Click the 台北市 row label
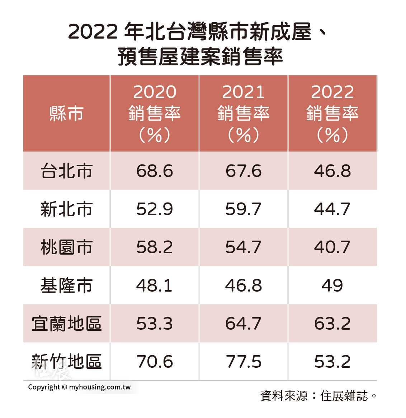click(x=66, y=171)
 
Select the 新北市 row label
click(x=66, y=209)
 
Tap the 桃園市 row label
click(x=66, y=247)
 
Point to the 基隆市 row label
click(x=66, y=285)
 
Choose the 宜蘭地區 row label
click(x=66, y=324)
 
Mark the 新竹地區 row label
click(x=66, y=362)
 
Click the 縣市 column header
click(x=66, y=113)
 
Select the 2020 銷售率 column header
click(x=155, y=113)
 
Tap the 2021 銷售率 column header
click(x=244, y=113)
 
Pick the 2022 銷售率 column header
click(x=332, y=113)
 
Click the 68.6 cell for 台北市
click(x=155, y=171)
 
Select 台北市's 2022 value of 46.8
click(x=332, y=171)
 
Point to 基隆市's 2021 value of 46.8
click(x=244, y=285)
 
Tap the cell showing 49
click(x=332, y=285)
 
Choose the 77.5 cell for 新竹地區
click(x=244, y=362)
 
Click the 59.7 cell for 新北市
click(x=244, y=209)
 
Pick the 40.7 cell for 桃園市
click(x=332, y=247)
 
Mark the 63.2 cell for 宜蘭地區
click(x=332, y=324)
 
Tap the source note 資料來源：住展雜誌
click(x=318, y=396)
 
